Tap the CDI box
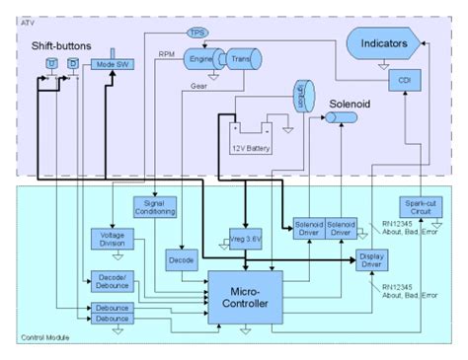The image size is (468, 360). click(x=403, y=79)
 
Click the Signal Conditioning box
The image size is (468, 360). click(x=155, y=207)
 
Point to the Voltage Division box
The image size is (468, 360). click(x=111, y=239)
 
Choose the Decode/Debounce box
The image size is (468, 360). click(x=111, y=281)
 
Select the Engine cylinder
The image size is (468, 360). click(x=203, y=59)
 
